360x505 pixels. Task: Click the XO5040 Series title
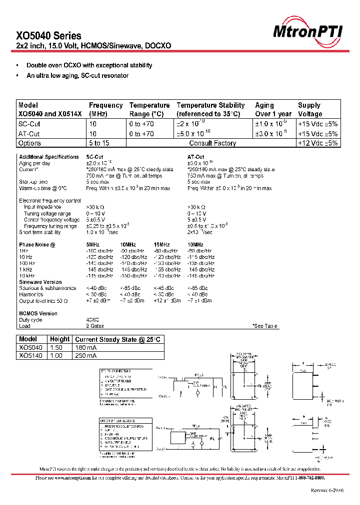coord(48,35)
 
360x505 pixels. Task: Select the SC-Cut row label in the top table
coord(29,124)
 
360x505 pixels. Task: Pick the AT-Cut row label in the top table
coord(29,134)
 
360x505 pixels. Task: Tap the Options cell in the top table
coord(29,143)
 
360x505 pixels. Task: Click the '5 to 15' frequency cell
coord(99,143)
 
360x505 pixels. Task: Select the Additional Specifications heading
coord(48,157)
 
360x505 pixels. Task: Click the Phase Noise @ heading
coord(37,245)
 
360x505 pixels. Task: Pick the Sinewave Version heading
coord(40,282)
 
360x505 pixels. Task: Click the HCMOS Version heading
coord(38,313)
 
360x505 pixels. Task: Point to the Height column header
coord(59,339)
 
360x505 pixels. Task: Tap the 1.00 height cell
coord(57,356)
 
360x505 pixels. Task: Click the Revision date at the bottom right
coord(327,491)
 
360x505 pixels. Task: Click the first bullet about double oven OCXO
coord(89,65)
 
